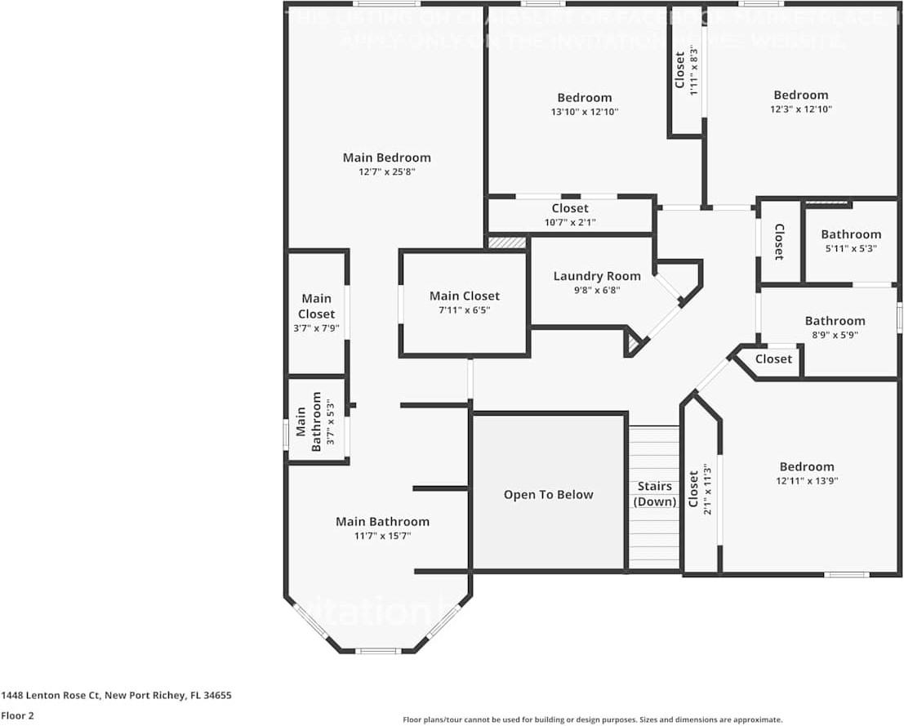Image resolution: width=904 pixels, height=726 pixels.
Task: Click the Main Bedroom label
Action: [386, 158]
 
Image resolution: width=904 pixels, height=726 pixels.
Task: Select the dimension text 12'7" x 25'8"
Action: [386, 172]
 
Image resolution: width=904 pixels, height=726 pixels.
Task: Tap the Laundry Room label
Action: [597, 276]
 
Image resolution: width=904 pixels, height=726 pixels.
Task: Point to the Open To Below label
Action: [548, 495]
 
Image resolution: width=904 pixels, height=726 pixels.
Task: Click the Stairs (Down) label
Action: [655, 494]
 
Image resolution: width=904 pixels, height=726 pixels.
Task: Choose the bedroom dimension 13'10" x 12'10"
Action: [584, 112]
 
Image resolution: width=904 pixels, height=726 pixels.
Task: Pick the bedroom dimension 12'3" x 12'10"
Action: [800, 109]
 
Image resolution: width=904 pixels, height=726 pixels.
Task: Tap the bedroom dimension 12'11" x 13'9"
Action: [806, 481]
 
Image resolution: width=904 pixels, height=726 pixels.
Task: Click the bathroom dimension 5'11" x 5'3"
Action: [851, 249]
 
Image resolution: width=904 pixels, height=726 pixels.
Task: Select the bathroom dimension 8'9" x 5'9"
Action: [835, 335]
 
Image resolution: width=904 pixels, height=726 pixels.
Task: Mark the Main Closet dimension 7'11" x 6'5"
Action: [464, 310]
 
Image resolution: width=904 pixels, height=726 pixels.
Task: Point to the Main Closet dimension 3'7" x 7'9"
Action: [316, 328]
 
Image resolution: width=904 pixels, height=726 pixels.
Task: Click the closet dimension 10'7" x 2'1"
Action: [570, 222]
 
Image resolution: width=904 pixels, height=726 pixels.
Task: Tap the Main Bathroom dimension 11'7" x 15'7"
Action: [382, 536]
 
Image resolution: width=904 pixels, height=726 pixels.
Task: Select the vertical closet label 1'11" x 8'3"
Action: [693, 71]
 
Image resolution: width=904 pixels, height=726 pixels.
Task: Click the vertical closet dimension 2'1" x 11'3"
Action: [707, 489]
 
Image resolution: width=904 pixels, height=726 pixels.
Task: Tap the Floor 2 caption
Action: [17, 715]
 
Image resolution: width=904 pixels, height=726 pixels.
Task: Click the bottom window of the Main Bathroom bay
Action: [378, 651]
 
